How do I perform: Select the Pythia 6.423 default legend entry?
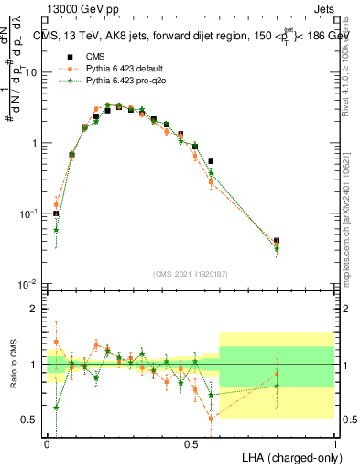pyautogui.click(x=111, y=68)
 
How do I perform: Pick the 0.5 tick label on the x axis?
pyautogui.click(x=191, y=443)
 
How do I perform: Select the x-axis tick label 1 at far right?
pyautogui.click(x=334, y=443)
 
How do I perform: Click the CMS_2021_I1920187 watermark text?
pyautogui.click(x=191, y=273)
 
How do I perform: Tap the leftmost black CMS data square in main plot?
pyautogui.click(x=56, y=213)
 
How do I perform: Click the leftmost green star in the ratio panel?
pyautogui.click(x=56, y=408)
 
